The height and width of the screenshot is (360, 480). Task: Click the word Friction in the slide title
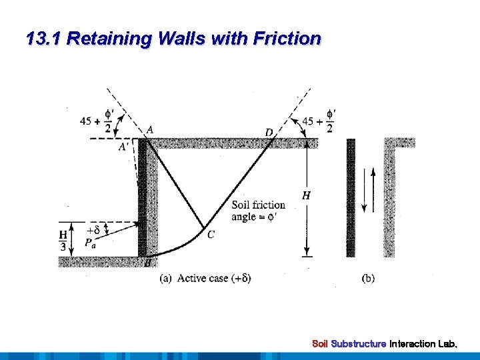click(x=287, y=39)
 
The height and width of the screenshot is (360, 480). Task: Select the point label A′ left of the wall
click(x=123, y=147)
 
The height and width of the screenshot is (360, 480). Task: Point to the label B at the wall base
click(x=147, y=264)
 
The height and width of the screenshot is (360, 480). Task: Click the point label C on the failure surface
click(x=211, y=234)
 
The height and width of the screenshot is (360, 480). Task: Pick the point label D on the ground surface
click(x=269, y=133)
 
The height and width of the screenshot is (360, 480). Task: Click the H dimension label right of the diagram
click(x=306, y=195)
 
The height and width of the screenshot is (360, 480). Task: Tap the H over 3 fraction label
click(x=63, y=241)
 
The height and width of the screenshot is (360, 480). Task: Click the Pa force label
click(x=90, y=243)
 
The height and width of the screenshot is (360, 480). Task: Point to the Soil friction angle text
click(x=258, y=211)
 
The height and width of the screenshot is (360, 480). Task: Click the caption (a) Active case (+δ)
click(x=205, y=278)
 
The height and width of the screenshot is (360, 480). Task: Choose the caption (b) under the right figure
click(x=368, y=278)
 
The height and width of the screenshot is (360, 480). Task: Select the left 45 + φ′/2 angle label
click(x=95, y=121)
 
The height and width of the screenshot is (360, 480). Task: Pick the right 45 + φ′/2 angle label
click(x=319, y=121)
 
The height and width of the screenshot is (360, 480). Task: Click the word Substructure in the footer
click(x=359, y=344)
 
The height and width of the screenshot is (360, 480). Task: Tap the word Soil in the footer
click(x=320, y=344)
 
